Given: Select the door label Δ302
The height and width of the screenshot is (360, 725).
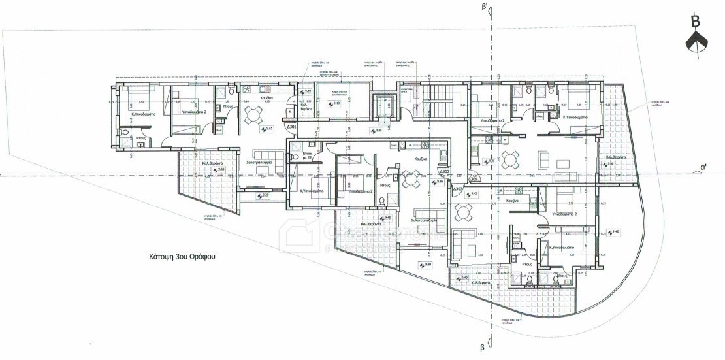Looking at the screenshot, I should pyautogui.click(x=445, y=172).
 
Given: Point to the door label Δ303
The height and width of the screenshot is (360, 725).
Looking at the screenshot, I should pyautogui.click(x=458, y=189).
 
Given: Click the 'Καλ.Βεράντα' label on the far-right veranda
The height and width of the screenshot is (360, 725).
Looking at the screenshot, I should pyautogui.click(x=616, y=157).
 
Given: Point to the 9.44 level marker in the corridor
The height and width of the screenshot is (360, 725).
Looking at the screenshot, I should pyautogui.click(x=377, y=131).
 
